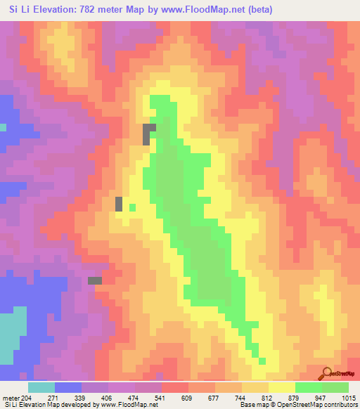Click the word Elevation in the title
[x=59, y=10]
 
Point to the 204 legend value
[x=26, y=398]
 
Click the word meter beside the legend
[x=11, y=398]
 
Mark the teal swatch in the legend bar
[x=41, y=387]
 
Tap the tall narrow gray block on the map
[x=119, y=204]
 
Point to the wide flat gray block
[x=94, y=280]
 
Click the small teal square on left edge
[x=3, y=127]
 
